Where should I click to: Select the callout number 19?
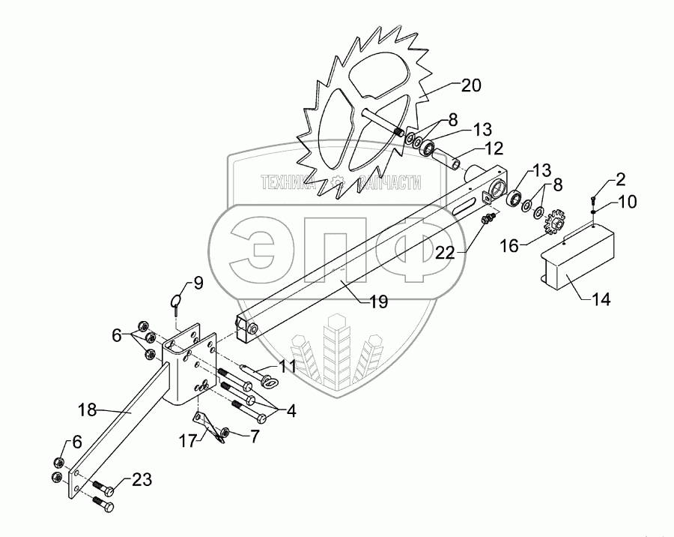(378, 302)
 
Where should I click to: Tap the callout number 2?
(621, 179)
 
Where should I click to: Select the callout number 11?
(288, 366)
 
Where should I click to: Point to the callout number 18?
(88, 409)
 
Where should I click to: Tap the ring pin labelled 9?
(175, 301)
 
